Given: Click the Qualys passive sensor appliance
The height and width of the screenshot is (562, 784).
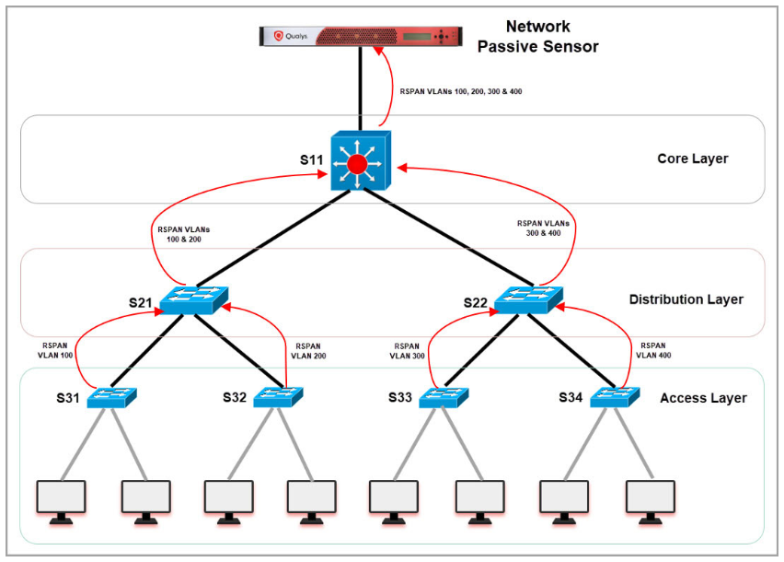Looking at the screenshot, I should (x=363, y=35).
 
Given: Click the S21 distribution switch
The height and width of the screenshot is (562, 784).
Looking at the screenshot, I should (x=193, y=299).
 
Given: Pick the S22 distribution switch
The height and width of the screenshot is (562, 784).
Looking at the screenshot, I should (x=528, y=299).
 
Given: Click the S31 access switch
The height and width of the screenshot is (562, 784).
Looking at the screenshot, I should (x=112, y=397).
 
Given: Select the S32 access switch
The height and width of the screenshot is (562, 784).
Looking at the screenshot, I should (x=279, y=397).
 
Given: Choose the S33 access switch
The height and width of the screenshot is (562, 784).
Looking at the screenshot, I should (x=444, y=397).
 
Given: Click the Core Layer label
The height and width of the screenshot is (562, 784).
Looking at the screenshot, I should (x=692, y=158).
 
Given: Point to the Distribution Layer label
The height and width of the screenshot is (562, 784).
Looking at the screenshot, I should (x=686, y=299).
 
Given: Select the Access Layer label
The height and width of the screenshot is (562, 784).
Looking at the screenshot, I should (x=703, y=398).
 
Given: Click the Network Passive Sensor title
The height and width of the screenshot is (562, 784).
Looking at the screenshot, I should (x=537, y=36).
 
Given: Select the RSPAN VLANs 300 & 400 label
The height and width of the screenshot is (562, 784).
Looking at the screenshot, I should (x=544, y=228).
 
